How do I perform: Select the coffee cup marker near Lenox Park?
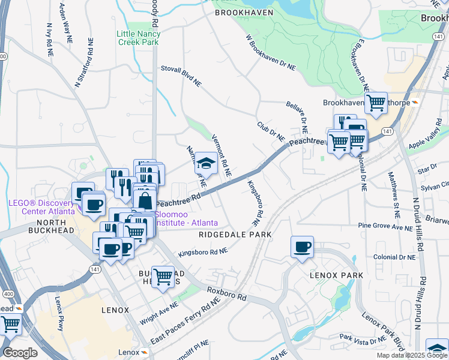click(302, 246)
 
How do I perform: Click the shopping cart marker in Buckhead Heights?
click(163, 277)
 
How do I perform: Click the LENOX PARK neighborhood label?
click(336, 275)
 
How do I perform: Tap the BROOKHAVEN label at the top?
click(244, 13)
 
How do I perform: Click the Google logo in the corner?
click(20, 353)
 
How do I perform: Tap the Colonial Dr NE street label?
click(394, 257)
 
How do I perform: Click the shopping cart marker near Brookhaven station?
click(376, 102)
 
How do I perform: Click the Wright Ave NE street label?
click(159, 313)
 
